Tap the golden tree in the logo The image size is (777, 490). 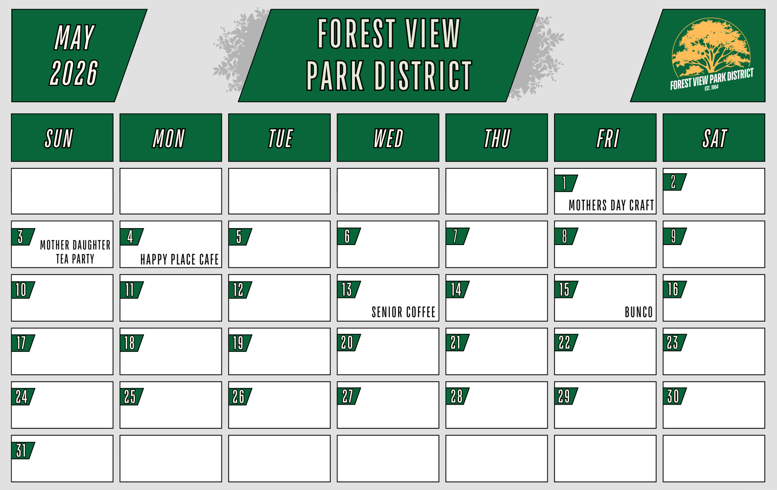click(x=711, y=47)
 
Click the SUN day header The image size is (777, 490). click(x=62, y=138)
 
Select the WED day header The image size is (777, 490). click(x=388, y=138)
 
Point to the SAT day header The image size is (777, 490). click(x=714, y=138)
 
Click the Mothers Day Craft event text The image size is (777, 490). click(x=611, y=205)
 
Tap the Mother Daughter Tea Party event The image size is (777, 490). click(x=75, y=252)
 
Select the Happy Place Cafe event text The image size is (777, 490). click(x=179, y=259)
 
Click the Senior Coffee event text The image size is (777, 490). click(x=404, y=312)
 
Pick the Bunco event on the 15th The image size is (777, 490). click(x=639, y=312)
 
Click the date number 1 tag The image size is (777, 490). click(x=566, y=183)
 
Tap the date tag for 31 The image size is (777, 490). click(x=23, y=451)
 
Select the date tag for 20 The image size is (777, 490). click(x=349, y=343)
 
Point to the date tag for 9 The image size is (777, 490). click(x=675, y=236)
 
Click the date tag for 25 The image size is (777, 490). click(x=132, y=396)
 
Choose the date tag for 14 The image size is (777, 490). click(x=457, y=289)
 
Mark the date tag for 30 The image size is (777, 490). click(x=675, y=396)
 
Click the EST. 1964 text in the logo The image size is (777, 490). click(x=711, y=88)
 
